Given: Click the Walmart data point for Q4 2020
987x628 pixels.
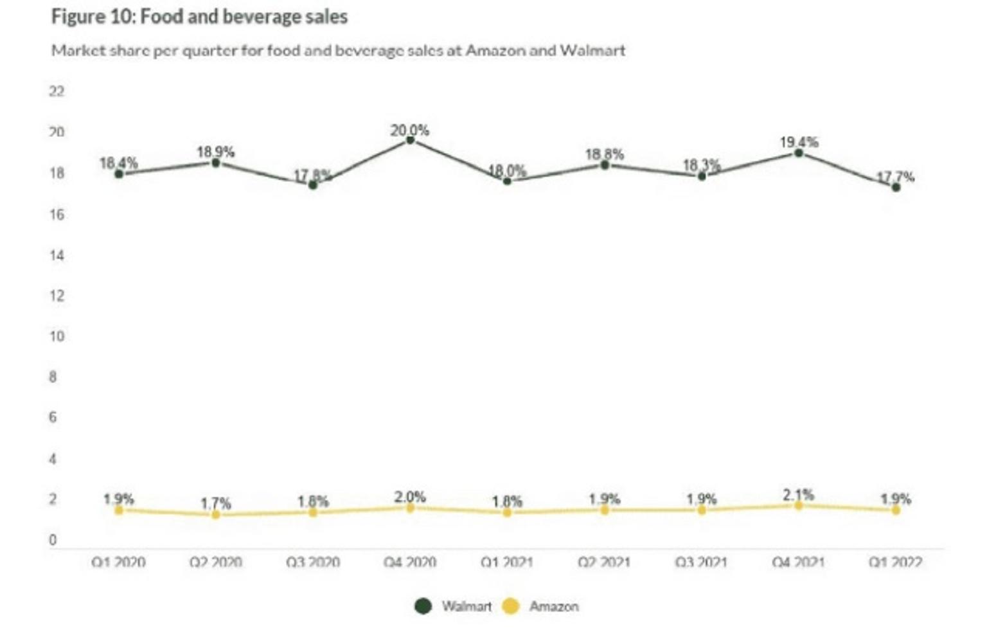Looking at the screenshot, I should coord(410,140).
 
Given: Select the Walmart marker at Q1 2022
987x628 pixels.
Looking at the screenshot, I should coord(896,187).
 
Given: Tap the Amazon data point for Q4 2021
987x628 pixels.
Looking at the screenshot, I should coord(799,506).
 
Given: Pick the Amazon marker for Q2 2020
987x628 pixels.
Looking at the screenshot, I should coord(216,514).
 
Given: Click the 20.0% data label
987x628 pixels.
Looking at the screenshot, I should coord(409,130).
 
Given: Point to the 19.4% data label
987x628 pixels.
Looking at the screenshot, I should coord(799,141).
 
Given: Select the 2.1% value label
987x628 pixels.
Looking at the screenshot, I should coord(798,495).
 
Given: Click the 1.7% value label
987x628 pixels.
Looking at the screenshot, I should coord(215,503).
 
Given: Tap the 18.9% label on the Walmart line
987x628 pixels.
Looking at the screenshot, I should coord(215,152).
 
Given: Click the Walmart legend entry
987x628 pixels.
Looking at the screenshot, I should coord(454,606).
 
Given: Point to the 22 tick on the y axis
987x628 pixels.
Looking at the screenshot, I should coord(57,91).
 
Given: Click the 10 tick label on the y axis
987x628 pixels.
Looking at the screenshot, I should coord(57,336).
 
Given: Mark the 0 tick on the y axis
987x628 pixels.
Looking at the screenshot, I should coord(53,540).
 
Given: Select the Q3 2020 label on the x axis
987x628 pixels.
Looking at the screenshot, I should coord(313,562).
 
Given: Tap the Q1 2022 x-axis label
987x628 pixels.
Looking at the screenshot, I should coord(895,562).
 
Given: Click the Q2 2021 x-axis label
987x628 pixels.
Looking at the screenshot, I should coord(604,562).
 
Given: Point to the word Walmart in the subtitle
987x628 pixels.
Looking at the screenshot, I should coord(592,50).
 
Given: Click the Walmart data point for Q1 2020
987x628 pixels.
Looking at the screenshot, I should coord(119,174).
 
